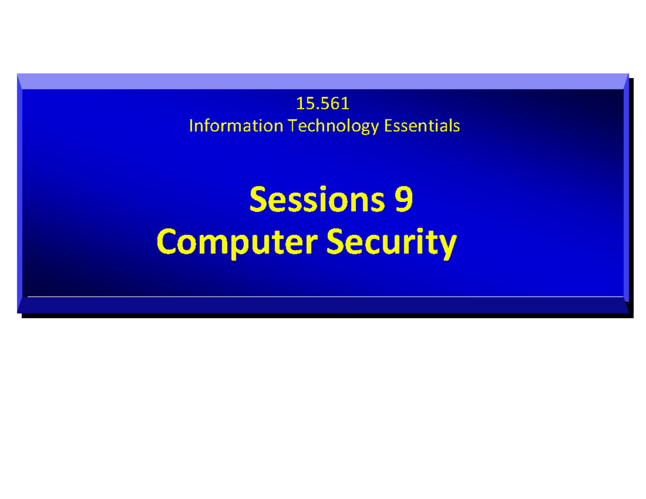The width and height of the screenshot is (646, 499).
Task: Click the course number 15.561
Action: point(323,102)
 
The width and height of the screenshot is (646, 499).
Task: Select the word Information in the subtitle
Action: point(235,126)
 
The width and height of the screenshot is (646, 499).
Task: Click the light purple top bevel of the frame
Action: point(323,81)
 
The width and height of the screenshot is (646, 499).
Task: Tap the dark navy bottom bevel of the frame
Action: point(323,306)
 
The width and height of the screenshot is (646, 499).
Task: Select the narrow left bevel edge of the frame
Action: point(20,194)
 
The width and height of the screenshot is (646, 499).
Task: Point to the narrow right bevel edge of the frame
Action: point(626,194)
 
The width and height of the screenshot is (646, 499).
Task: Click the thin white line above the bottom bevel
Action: point(323,297)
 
